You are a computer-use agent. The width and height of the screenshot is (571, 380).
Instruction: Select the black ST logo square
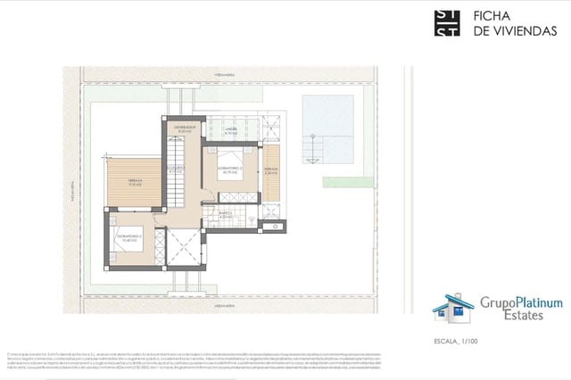[447, 22]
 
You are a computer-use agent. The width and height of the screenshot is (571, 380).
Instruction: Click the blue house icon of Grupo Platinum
[453, 309]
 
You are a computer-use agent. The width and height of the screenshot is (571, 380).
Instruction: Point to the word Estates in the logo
[523, 315]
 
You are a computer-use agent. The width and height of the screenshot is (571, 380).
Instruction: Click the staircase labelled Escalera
[177, 174]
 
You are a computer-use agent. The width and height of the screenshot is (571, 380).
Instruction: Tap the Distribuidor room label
[184, 129]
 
